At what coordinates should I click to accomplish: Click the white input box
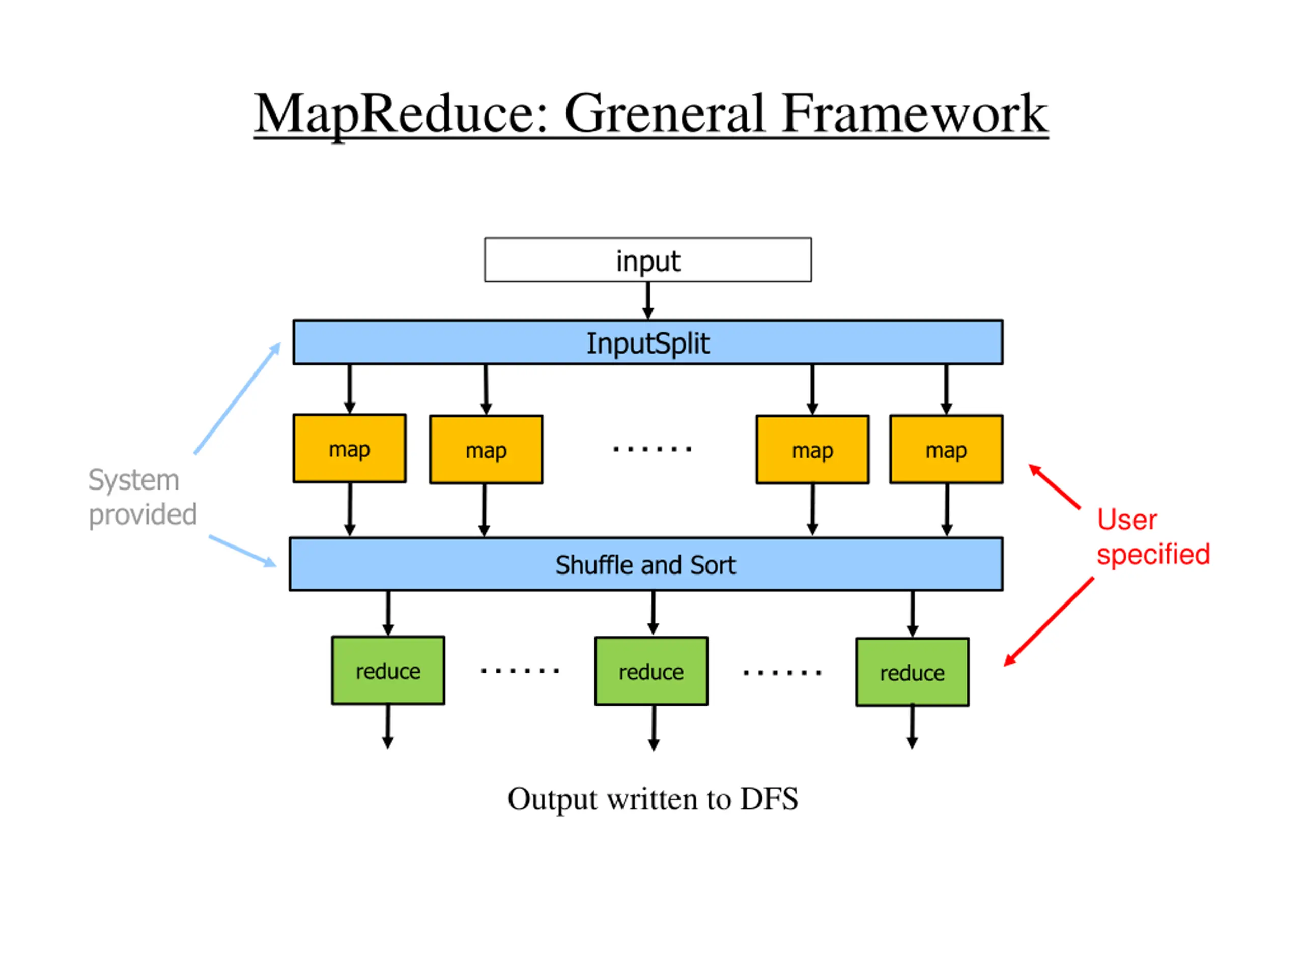point(647,260)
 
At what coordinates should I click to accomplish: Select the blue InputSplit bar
point(647,342)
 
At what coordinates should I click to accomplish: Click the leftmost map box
point(349,449)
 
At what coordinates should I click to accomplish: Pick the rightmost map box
point(946,449)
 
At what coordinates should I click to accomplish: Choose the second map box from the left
point(486,450)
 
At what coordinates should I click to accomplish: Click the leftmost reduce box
point(388,670)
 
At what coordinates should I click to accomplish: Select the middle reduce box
point(651,671)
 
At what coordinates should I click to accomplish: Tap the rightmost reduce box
point(912,672)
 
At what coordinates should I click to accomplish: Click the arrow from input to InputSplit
point(648,301)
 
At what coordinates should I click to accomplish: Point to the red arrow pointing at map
point(1055,486)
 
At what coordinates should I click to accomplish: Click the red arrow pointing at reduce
point(1049,622)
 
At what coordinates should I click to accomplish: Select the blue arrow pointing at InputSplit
point(237,398)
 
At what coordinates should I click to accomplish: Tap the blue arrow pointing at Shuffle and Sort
point(243,551)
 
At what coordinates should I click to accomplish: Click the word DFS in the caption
point(769,798)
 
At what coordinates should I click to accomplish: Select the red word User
point(1127,520)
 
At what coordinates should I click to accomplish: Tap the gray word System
point(134,480)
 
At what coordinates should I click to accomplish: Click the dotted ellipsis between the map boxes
point(652,449)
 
